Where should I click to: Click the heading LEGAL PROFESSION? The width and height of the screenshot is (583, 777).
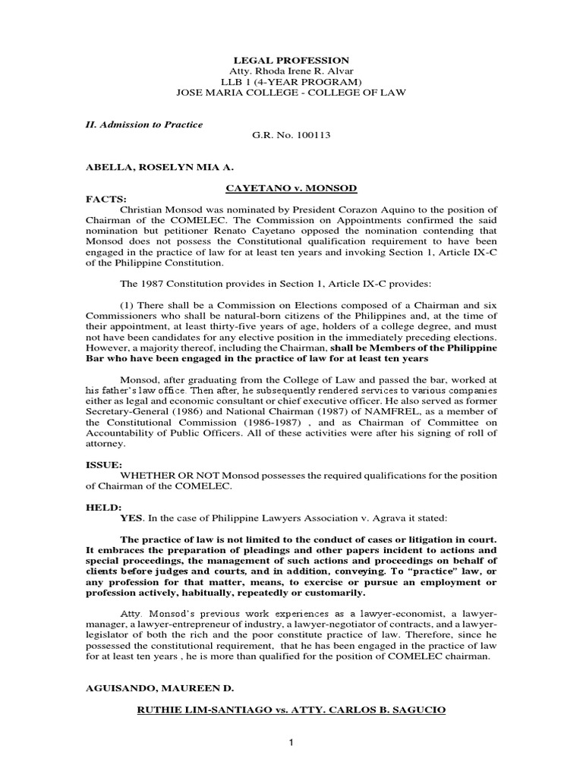pyautogui.click(x=291, y=60)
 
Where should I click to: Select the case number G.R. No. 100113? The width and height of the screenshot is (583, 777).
pyautogui.click(x=291, y=136)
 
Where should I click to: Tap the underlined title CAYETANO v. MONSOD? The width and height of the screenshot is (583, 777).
pyautogui.click(x=291, y=189)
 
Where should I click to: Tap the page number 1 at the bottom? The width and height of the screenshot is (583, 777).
pyautogui.click(x=291, y=741)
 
